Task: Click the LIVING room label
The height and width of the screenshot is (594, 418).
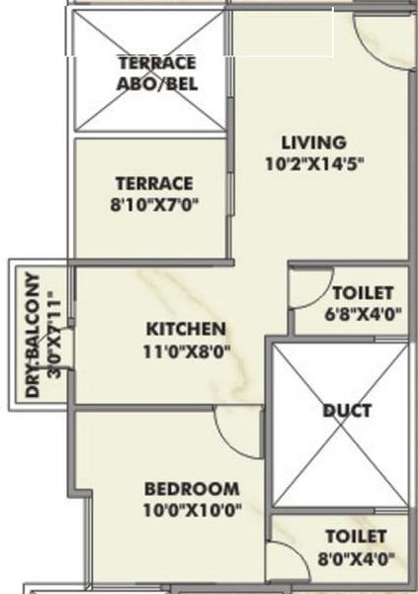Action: click(314, 143)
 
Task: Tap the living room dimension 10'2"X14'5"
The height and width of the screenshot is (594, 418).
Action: click(314, 164)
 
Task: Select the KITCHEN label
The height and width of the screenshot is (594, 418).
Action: click(186, 329)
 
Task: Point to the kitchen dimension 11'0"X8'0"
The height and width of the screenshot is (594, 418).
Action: click(187, 351)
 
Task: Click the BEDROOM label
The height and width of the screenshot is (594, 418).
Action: click(192, 489)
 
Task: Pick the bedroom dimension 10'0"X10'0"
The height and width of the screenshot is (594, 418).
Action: click(192, 510)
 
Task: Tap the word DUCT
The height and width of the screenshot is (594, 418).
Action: click(347, 411)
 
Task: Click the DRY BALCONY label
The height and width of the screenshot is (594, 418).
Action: click(33, 335)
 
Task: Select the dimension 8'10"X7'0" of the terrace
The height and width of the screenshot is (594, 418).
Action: click(154, 205)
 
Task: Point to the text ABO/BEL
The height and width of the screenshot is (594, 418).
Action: click(157, 84)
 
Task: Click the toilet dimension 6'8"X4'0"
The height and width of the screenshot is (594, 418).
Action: click(363, 314)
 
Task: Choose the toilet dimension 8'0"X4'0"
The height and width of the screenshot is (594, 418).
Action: click(357, 558)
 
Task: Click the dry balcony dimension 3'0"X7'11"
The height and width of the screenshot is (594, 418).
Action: click(54, 335)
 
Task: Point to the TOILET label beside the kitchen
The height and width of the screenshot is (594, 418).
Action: click(363, 293)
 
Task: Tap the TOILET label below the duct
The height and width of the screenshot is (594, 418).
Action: click(357, 537)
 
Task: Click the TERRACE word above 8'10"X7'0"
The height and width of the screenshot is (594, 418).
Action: click(154, 184)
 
